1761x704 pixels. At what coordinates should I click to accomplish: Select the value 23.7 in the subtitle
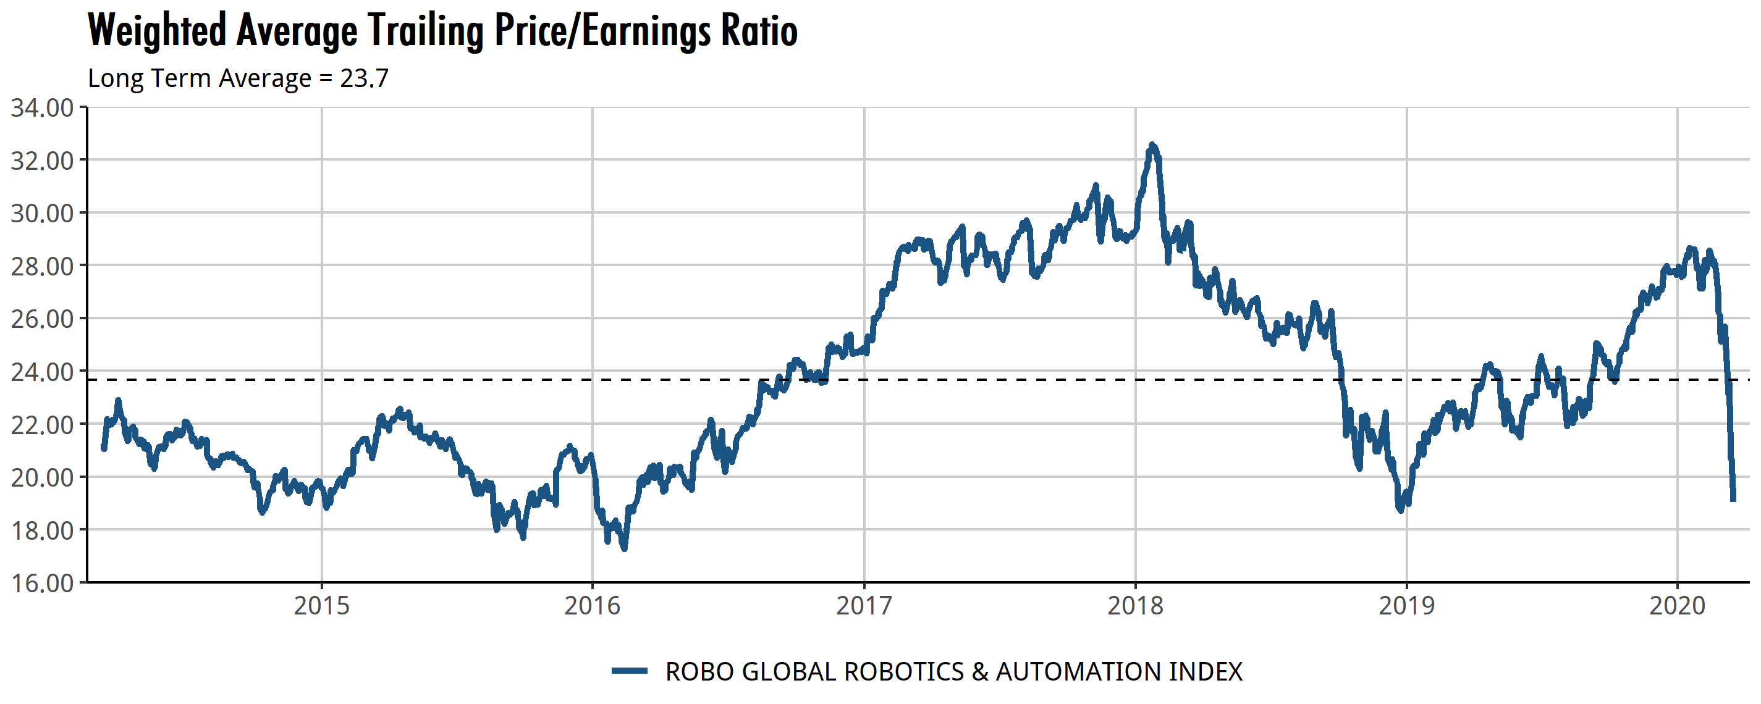[365, 78]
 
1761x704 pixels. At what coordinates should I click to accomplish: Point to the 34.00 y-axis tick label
[43, 108]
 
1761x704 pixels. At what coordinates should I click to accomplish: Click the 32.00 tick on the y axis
[43, 161]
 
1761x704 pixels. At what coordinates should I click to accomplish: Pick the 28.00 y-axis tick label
[43, 267]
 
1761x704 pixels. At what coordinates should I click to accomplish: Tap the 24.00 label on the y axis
[43, 372]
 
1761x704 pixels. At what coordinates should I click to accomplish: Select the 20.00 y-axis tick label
[43, 478]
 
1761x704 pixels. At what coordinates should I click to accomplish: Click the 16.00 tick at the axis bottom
[43, 583]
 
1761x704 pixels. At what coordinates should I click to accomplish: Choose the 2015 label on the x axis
[321, 606]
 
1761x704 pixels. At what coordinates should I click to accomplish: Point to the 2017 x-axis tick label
[864, 606]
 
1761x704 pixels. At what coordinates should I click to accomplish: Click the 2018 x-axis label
[1136, 606]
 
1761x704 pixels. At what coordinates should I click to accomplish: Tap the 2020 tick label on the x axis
[1678, 606]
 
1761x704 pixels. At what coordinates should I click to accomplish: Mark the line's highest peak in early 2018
[1152, 145]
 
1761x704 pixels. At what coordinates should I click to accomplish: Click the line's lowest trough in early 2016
[623, 548]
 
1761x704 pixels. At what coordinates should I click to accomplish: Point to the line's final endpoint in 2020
[1733, 500]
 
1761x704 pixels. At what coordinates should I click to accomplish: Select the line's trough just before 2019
[1400, 510]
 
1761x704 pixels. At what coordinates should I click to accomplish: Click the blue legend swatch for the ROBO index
[629, 671]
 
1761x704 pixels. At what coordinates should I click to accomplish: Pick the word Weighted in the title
[156, 31]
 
